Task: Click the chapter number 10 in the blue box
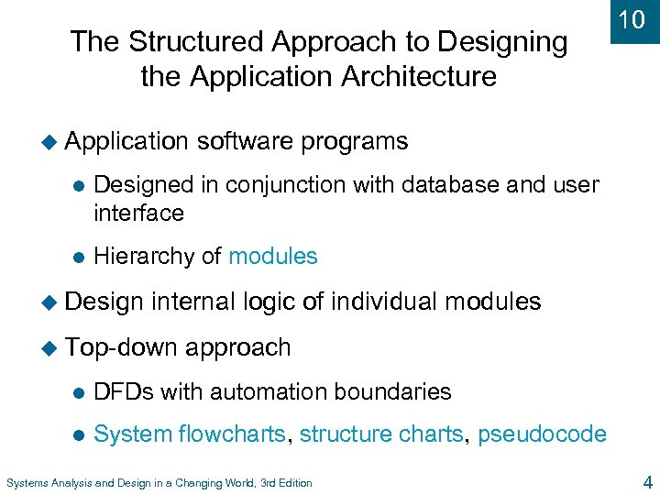(632, 20)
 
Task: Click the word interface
(138, 213)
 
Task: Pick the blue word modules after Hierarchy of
(272, 257)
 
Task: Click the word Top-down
(123, 347)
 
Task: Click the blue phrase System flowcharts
(190, 434)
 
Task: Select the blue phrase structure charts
(381, 434)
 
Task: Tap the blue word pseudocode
(541, 434)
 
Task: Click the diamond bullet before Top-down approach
(50, 347)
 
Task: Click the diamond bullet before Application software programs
(50, 141)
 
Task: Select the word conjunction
(265, 185)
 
